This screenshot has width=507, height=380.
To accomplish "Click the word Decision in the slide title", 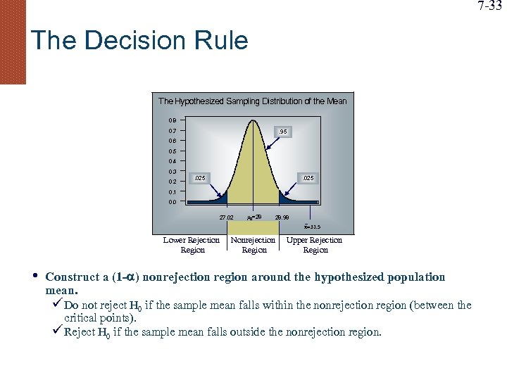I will (129, 40).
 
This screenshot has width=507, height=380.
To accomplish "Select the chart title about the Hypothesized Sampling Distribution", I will (252, 101).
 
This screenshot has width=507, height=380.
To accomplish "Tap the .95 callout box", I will (282, 132).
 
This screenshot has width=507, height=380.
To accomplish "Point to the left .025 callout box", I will (201, 178).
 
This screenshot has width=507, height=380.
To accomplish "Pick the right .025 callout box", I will (307, 178).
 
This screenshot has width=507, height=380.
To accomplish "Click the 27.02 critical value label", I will (226, 218).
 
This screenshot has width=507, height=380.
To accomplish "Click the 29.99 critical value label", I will (282, 218).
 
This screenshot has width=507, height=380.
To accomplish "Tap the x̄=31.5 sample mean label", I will (311, 227).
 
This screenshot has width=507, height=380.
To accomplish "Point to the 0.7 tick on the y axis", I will (173, 131).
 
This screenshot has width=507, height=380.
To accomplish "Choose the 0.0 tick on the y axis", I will (173, 202).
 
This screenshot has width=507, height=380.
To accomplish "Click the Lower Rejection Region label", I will (192, 245).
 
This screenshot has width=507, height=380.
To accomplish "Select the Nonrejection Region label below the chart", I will (254, 245).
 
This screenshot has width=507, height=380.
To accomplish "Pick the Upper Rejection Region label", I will (315, 245).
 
